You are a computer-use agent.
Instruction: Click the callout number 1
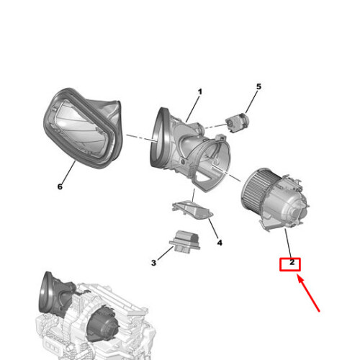(199, 91)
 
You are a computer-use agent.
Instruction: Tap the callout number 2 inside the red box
(292, 262)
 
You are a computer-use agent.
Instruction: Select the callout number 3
(153, 263)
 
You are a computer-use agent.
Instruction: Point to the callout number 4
(220, 243)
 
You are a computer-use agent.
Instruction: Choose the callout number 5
(258, 86)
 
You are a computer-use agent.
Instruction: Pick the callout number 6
(60, 186)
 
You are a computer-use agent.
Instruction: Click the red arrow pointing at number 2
(308, 293)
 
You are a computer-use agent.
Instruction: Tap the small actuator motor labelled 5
(238, 122)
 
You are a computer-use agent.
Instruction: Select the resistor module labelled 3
(185, 241)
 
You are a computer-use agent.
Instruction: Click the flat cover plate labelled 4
(192, 210)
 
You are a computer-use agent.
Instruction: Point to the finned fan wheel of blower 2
(256, 189)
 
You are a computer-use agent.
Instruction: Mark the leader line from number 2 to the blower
(288, 243)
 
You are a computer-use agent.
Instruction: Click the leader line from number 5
(251, 102)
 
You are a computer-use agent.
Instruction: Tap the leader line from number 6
(68, 172)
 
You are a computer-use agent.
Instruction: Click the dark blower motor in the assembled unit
(103, 323)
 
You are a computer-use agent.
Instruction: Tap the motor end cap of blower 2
(297, 208)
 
